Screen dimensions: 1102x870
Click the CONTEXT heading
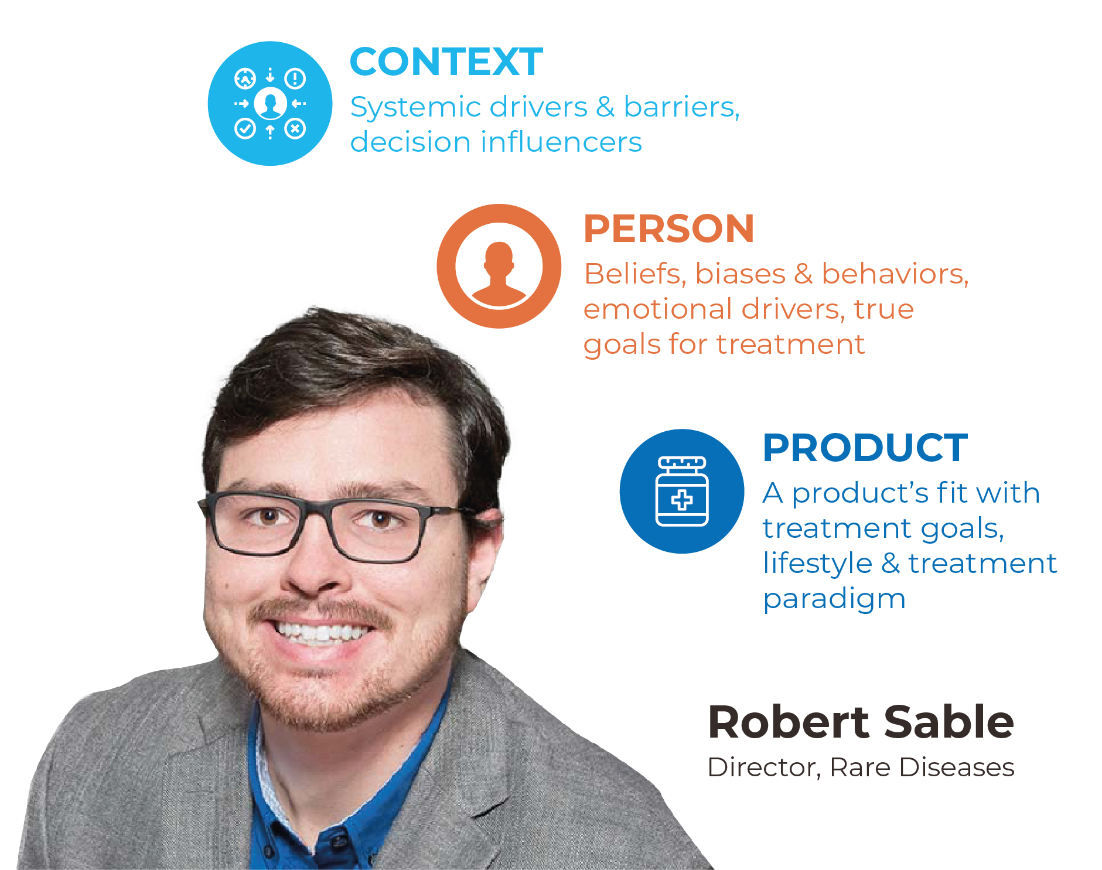[446, 62]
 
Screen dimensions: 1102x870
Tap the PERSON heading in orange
[669, 228]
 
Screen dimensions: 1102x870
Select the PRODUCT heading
[865, 448]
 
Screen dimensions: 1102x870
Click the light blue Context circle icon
[270, 103]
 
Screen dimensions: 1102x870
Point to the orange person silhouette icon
[499, 266]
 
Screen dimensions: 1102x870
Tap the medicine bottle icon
[682, 492]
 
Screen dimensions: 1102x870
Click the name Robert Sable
[861, 722]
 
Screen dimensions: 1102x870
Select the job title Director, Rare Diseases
[861, 767]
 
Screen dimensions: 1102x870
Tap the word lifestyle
[817, 564]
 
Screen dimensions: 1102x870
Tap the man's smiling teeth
[322, 633]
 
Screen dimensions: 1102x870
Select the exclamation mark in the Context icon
[295, 78]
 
